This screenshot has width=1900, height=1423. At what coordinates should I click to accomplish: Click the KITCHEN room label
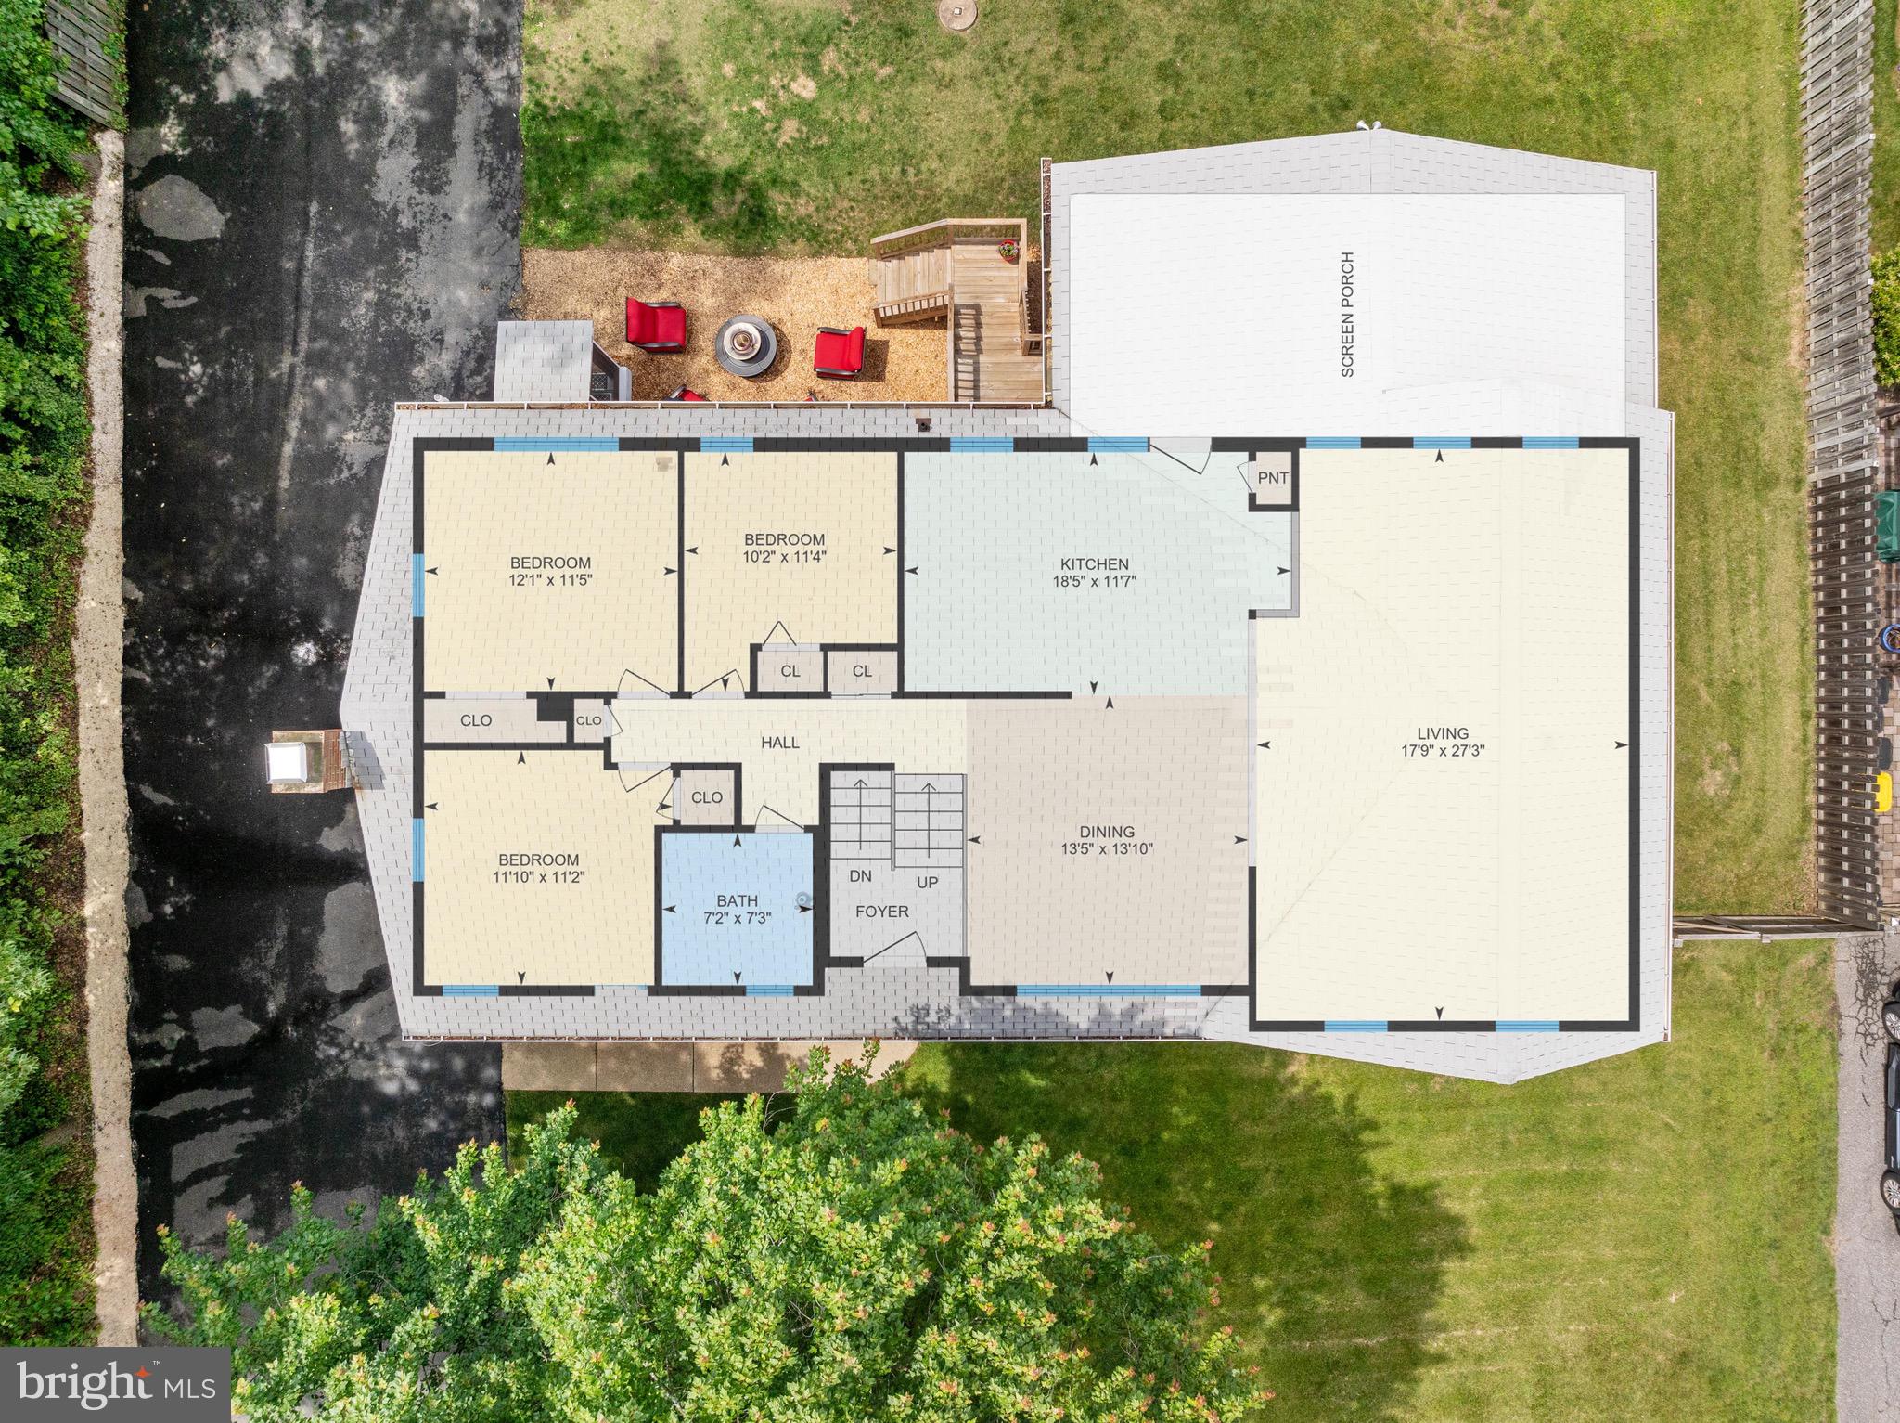click(1095, 564)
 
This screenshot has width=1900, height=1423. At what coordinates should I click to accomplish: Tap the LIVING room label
click(1443, 733)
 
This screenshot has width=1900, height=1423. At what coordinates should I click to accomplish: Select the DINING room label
click(1106, 832)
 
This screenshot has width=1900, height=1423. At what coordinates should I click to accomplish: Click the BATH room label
click(737, 900)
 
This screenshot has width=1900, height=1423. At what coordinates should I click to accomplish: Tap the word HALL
click(779, 743)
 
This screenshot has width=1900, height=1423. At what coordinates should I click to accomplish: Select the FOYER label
click(881, 912)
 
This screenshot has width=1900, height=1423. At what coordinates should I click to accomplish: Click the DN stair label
click(860, 875)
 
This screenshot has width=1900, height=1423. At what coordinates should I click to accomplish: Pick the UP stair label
click(927, 883)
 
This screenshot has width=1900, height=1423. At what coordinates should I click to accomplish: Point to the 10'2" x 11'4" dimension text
click(784, 557)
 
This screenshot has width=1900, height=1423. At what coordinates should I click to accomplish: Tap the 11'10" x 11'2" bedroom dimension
click(538, 876)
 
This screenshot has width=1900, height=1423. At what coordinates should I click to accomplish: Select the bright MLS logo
click(116, 1380)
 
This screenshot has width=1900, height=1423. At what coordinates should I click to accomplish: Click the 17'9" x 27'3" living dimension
click(1443, 750)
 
